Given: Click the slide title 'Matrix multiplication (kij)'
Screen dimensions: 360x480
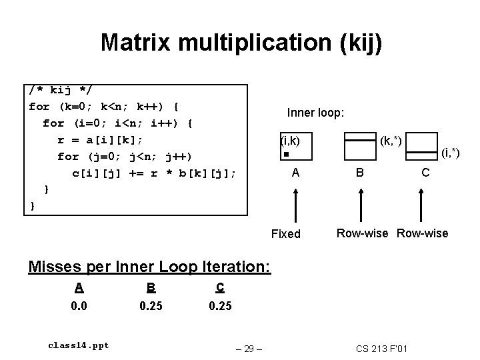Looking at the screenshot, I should (x=241, y=43).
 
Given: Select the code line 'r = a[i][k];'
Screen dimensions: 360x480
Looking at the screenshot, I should (x=101, y=140).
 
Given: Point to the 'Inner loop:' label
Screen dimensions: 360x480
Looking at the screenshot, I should (x=315, y=113).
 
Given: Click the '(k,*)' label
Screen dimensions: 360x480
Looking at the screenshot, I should (x=391, y=141).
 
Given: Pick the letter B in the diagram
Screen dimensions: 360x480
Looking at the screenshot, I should (x=359, y=173).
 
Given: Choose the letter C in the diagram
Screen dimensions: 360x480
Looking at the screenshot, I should (x=425, y=173).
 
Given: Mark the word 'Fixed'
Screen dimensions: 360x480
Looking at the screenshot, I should (x=286, y=234).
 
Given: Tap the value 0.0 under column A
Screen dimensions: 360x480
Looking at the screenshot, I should (x=79, y=306).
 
